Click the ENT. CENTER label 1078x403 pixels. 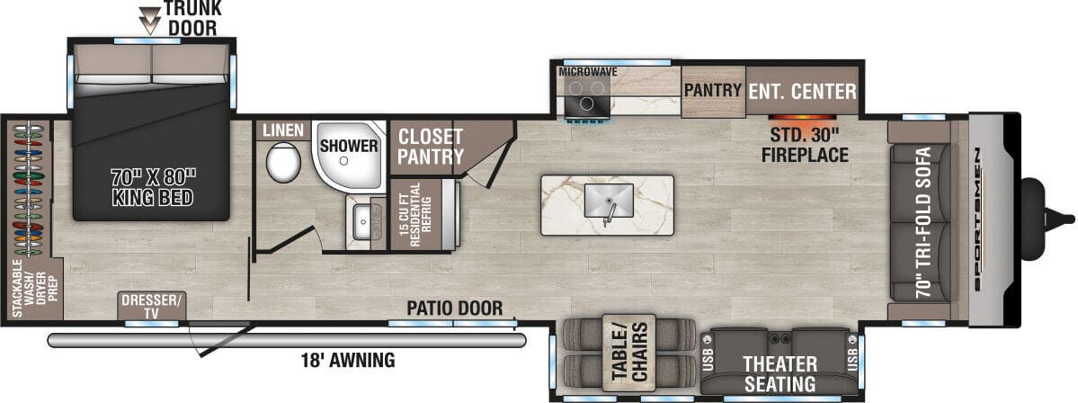pos(802,91)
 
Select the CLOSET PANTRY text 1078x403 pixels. pos(430,147)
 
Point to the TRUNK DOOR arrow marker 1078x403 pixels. pos(147,13)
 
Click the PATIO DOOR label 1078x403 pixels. pos(454,308)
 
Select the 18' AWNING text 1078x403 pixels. pos(349,362)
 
